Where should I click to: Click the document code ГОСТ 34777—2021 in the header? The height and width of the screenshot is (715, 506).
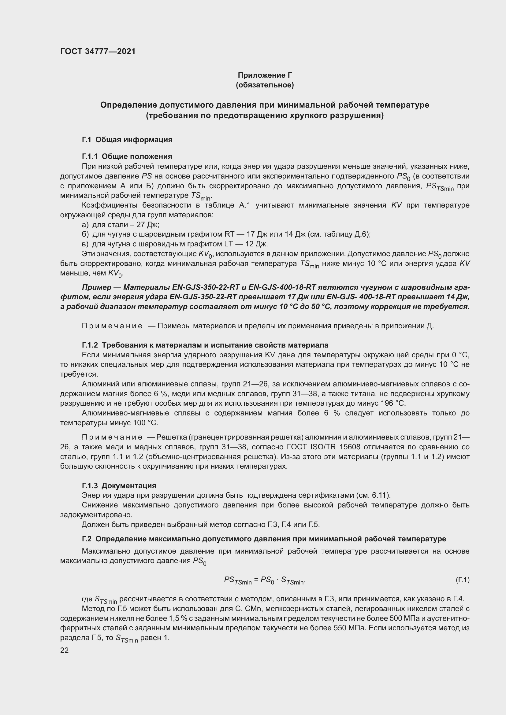point(98,52)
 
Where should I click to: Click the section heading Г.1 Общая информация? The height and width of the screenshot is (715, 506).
point(127,139)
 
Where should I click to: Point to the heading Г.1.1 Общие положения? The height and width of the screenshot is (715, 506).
point(127,156)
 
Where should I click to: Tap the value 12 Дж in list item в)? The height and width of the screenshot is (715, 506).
point(257,244)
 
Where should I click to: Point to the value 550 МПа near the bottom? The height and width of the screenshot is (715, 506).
point(349,628)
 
